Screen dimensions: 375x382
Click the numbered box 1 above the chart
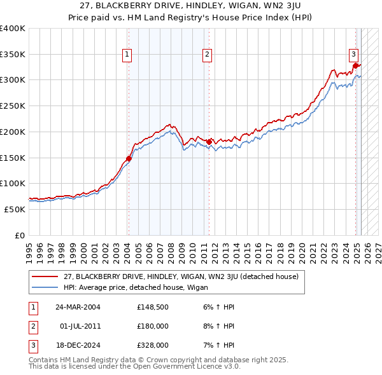point(127,55)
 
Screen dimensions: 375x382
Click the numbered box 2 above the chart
point(208,55)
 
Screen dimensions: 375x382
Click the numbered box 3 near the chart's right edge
point(353,54)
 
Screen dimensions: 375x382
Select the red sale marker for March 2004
point(129,158)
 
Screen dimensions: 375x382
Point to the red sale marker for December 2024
point(355,65)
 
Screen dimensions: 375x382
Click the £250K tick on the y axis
point(13,106)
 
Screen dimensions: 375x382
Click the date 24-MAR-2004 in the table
point(78,307)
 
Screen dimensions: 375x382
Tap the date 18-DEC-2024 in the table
point(78,345)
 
